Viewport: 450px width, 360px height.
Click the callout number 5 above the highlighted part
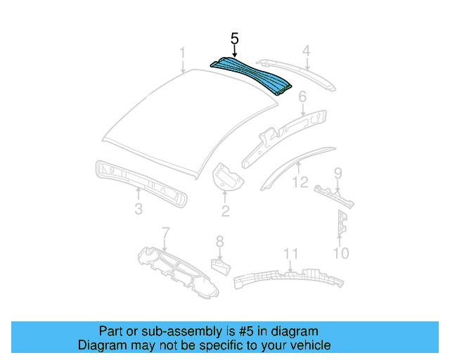click(x=235, y=38)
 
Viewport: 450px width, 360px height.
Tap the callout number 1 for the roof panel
click(x=182, y=53)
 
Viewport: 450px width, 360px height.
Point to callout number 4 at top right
click(x=307, y=50)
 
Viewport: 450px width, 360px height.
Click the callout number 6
click(x=302, y=96)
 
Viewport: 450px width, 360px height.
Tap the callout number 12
click(x=300, y=183)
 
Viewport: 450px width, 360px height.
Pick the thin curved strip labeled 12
click(x=295, y=163)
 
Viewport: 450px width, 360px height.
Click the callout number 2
click(x=225, y=210)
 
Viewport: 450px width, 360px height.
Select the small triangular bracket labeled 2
click(x=226, y=176)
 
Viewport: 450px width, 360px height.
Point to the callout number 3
click(x=139, y=209)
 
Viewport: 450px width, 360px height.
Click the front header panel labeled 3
click(x=141, y=182)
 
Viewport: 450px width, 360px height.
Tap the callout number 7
click(x=166, y=233)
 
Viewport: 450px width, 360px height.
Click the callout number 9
click(x=338, y=173)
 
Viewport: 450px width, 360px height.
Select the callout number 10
click(x=340, y=252)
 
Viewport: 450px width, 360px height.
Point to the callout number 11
click(x=291, y=254)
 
